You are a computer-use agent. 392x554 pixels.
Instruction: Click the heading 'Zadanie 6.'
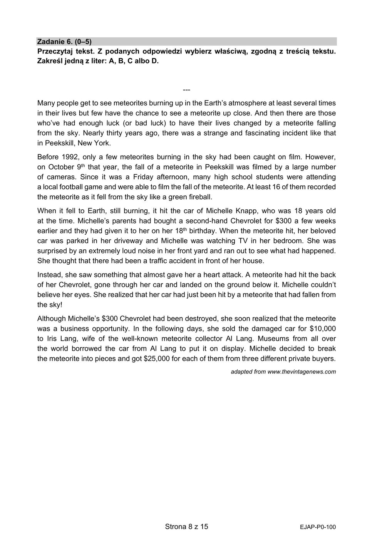pyautogui.click(x=54, y=42)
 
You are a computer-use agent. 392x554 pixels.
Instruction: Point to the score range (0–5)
pyautogui.click(x=83, y=42)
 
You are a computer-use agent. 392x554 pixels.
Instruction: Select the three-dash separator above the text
pyautogui.click(x=186, y=90)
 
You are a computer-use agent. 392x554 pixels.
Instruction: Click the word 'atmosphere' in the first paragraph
pyautogui.click(x=246, y=103)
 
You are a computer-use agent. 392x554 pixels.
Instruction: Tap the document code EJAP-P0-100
pyautogui.click(x=318, y=527)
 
